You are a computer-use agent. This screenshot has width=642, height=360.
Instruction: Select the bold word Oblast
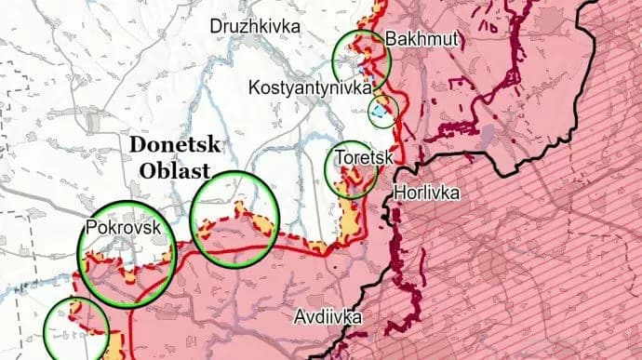174,169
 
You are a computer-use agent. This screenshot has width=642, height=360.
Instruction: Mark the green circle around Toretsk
353,168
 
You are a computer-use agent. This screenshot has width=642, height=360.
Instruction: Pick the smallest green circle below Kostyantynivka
383,112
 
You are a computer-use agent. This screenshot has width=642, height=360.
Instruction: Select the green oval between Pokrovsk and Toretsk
234,220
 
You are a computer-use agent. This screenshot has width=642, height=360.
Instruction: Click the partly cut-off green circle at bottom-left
76,331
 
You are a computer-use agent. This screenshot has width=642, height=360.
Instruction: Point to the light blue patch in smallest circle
380,113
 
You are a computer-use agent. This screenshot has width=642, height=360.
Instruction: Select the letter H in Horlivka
400,194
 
